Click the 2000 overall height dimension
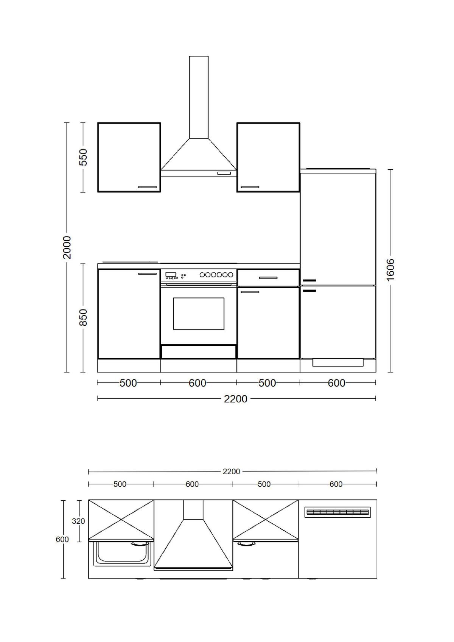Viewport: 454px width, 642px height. pyautogui.click(x=67, y=247)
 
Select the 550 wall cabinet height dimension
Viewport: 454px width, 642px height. pyautogui.click(x=83, y=157)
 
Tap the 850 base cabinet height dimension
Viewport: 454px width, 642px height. pyautogui.click(x=83, y=317)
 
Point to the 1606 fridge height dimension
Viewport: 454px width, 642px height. pyautogui.click(x=390, y=269)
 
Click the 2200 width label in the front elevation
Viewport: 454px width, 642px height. pyautogui.click(x=235, y=399)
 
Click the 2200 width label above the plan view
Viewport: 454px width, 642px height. pyautogui.click(x=231, y=471)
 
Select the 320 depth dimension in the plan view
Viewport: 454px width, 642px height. pyautogui.click(x=78, y=521)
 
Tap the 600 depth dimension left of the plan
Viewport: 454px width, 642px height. pyautogui.click(x=62, y=540)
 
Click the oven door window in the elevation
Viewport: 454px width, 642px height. pyautogui.click(x=198, y=313)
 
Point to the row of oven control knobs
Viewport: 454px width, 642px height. pyautogui.click(x=216, y=275)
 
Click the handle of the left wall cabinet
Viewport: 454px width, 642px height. pyautogui.click(x=147, y=187)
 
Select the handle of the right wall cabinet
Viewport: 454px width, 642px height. pyautogui.click(x=250, y=187)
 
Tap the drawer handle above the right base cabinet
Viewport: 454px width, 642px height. pyautogui.click(x=268, y=278)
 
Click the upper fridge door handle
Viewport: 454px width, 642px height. pyautogui.click(x=309, y=280)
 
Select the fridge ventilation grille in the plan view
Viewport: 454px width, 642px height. pyautogui.click(x=337, y=512)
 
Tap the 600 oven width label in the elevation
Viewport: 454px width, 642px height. pyautogui.click(x=197, y=383)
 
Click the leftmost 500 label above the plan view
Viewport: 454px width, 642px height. pyautogui.click(x=120, y=484)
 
